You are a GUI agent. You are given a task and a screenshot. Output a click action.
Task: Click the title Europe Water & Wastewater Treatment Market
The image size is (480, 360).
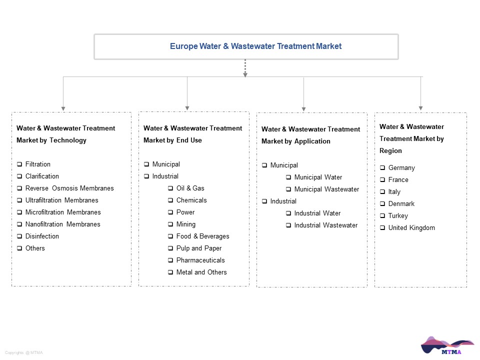click(255, 46)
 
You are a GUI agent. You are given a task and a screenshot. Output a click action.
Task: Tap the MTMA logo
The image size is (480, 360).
click(447, 345)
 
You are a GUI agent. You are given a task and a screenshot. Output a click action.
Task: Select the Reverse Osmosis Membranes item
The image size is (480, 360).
click(69, 188)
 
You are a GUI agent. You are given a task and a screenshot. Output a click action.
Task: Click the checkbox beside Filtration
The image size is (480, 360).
click(19, 164)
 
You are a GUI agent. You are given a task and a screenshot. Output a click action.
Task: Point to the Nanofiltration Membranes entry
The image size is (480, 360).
click(63, 224)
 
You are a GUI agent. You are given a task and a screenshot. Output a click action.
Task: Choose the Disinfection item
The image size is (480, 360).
click(42, 236)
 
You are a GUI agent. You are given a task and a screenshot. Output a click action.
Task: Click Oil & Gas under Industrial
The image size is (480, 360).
click(190, 188)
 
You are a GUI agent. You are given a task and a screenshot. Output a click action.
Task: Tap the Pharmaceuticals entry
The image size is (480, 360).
click(200, 260)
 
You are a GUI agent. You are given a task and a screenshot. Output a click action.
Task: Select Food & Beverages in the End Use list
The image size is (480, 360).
click(202, 236)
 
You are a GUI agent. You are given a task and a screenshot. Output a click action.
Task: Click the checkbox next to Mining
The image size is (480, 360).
click(170, 224)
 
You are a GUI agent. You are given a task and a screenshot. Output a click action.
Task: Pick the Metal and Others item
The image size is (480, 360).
click(201, 272)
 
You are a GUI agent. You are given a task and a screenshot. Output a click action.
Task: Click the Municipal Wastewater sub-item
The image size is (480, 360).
click(326, 189)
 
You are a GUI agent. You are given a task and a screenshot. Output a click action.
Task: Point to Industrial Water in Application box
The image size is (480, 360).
click(317, 213)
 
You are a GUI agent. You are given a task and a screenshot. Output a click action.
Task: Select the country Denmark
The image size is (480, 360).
click(401, 204)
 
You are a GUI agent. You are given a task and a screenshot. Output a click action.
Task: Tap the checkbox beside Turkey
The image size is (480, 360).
click(382, 216)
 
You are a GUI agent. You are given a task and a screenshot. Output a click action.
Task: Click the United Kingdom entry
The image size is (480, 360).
click(411, 228)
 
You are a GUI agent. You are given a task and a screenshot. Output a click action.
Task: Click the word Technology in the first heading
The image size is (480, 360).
click(68, 140)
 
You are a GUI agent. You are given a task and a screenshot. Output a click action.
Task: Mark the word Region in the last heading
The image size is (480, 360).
click(390, 150)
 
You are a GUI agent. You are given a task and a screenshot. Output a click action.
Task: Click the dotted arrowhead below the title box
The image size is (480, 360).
click(245, 75)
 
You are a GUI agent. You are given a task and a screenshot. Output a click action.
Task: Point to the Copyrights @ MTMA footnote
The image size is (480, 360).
click(24, 352)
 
